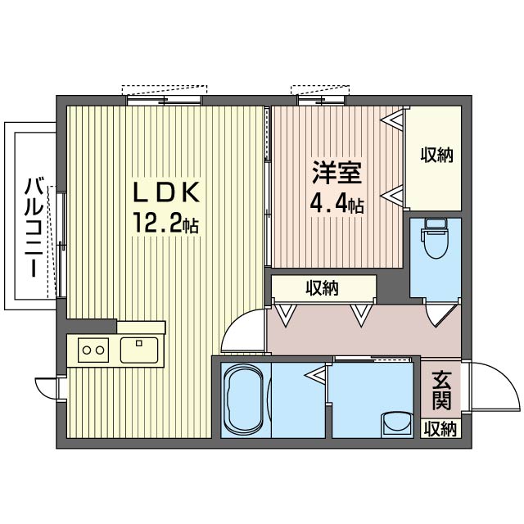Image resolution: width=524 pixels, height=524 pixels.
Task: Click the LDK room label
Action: tap(166, 192)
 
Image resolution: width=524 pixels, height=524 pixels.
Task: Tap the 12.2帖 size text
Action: tap(166, 223)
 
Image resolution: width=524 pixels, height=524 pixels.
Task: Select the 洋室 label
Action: tap(337, 173)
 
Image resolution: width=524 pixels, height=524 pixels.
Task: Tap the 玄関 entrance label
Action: tap(441, 391)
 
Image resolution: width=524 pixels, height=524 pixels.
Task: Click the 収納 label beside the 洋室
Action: tap(436, 155)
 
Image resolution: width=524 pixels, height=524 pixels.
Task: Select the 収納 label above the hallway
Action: tap(323, 287)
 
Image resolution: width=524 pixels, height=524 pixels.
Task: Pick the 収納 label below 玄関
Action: tap(440, 429)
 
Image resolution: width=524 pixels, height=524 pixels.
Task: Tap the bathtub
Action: tap(244, 400)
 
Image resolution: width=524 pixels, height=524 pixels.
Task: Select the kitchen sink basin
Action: tap(139, 350)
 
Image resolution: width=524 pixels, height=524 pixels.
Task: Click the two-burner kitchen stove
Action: tap(93, 350)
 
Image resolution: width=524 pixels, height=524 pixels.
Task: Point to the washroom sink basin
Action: tap(396, 423)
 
